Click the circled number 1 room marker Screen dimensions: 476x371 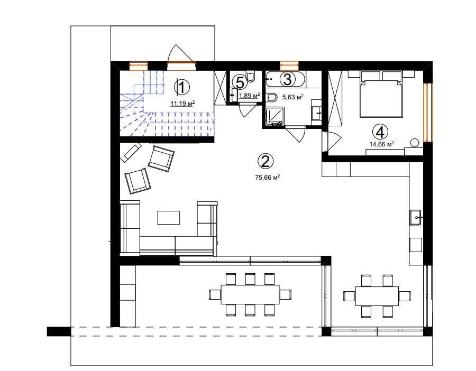[181, 88]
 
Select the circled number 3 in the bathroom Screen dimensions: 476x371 [287, 79]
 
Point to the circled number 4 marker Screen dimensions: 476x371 [380, 132]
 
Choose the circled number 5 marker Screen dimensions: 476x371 [240, 82]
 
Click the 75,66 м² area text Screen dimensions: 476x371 [267, 178]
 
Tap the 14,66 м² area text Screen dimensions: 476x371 [381, 144]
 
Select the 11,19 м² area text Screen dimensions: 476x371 [182, 104]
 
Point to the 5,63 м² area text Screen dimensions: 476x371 [293, 97]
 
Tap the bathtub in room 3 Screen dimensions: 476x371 [286, 79]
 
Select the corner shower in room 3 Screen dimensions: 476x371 [275, 116]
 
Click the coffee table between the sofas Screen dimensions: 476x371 [169, 218]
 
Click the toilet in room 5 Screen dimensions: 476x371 [251, 77]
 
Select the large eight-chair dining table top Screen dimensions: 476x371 [250, 294]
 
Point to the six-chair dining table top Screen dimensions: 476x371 [377, 296]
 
